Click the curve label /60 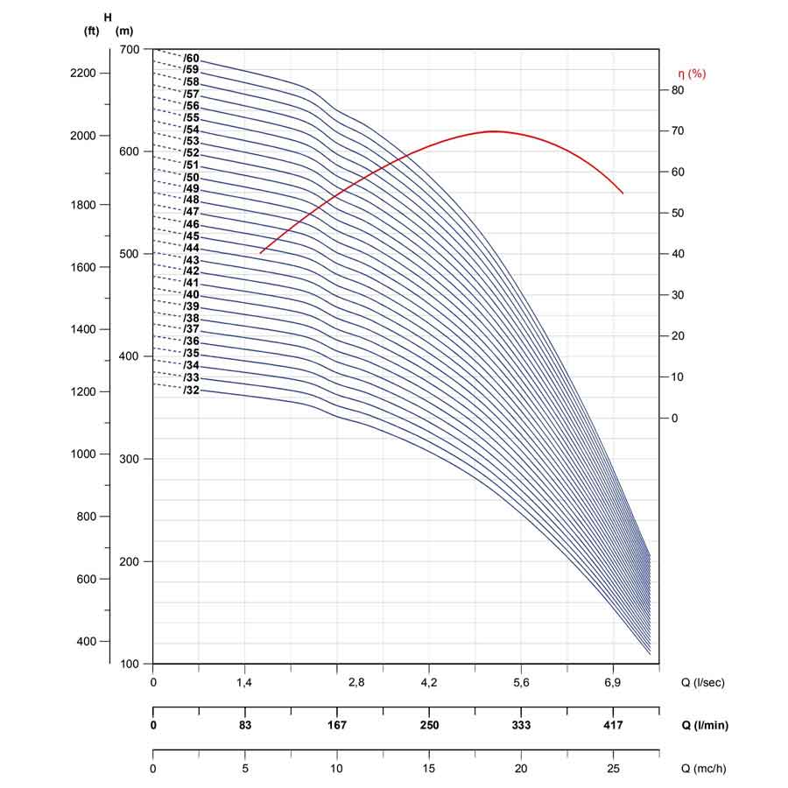point(191,59)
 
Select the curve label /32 point(191,390)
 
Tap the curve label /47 point(191,212)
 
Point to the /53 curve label point(191,141)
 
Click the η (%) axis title point(692,74)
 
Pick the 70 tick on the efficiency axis point(678,130)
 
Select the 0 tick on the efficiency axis point(674,419)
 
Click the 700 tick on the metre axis point(130,49)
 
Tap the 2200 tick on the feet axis point(83,73)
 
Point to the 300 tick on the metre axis point(130,459)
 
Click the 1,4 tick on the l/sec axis point(244,682)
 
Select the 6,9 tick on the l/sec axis point(613,682)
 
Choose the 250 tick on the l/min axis point(429,725)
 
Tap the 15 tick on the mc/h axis point(429,769)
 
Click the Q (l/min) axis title point(705,725)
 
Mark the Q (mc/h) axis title point(704,769)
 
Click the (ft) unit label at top point(91,32)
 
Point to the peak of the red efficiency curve point(494,131)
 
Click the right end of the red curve point(623,193)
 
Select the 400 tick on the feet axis point(86,641)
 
